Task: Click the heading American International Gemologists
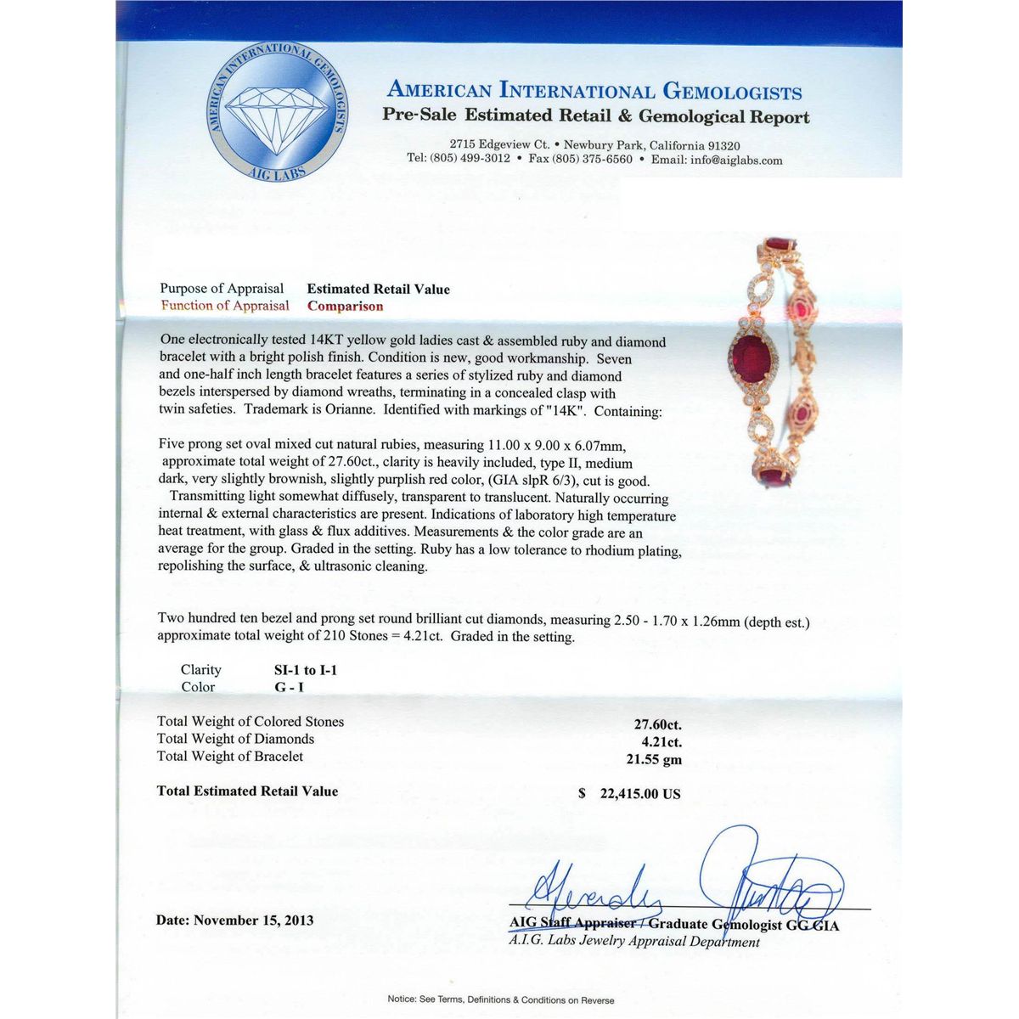tap(594, 91)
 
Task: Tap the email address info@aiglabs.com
tap(736, 160)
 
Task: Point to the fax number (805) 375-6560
tap(592, 159)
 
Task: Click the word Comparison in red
tap(345, 307)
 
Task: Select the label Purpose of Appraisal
tap(222, 289)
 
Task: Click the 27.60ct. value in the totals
tap(658, 725)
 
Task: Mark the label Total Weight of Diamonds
tap(235, 739)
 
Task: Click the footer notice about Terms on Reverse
tap(501, 999)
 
